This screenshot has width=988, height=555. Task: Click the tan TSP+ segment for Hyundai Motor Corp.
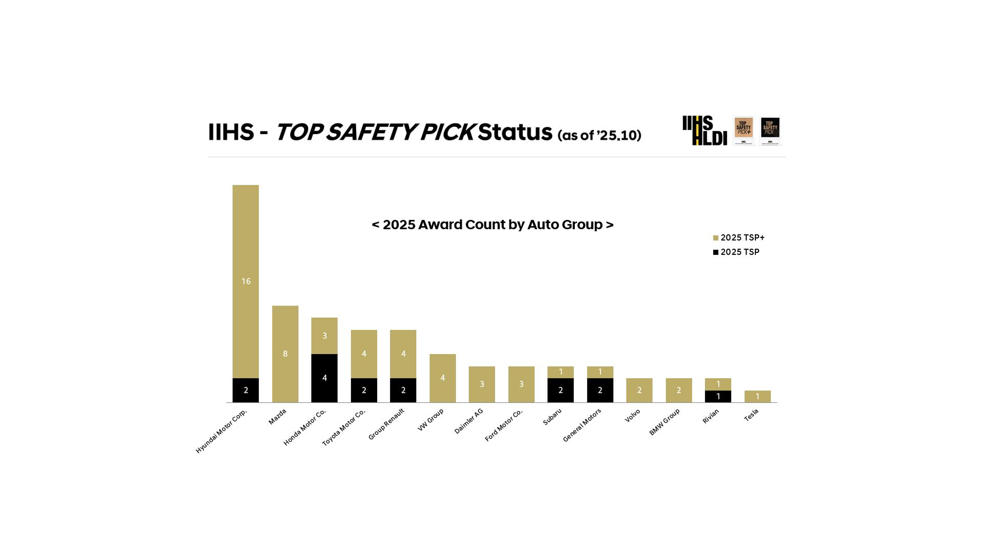[x=245, y=281]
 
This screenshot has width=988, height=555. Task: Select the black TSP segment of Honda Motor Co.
[x=324, y=378]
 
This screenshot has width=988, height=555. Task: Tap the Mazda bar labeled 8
[x=285, y=354]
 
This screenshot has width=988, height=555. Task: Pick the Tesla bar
[x=757, y=396]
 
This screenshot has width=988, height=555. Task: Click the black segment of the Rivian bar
[x=718, y=396]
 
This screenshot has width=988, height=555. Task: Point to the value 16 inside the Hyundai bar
[x=246, y=281]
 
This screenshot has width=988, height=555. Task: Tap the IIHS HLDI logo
[x=704, y=131]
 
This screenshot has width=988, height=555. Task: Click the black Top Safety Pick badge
[x=770, y=131]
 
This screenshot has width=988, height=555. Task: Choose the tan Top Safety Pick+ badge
[x=744, y=131]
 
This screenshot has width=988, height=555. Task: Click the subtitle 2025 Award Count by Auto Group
[x=492, y=225]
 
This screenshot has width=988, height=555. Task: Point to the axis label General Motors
[x=582, y=425]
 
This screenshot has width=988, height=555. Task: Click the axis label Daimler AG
[x=469, y=421]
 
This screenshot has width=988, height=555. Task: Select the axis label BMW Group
[x=664, y=422]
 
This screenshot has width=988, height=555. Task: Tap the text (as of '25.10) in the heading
[x=599, y=135]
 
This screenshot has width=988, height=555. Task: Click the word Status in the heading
[x=515, y=132]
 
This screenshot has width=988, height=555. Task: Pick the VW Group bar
[x=443, y=378]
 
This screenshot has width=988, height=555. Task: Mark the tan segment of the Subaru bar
[x=560, y=372]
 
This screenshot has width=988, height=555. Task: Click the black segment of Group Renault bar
[x=403, y=390]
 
